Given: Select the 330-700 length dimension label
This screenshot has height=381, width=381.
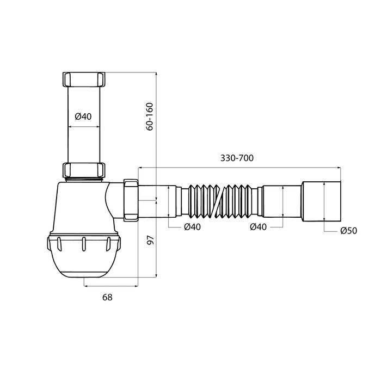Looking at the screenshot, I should tap(237, 158).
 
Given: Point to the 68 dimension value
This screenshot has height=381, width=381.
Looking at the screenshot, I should tap(108, 297).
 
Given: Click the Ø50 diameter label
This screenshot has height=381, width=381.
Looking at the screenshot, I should tap(348, 231).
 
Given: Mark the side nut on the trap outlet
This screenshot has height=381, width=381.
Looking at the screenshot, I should tap(131, 199).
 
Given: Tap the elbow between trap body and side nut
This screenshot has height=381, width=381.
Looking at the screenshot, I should tap(114, 199).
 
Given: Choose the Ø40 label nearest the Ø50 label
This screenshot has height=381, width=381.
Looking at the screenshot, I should tap(258, 227).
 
